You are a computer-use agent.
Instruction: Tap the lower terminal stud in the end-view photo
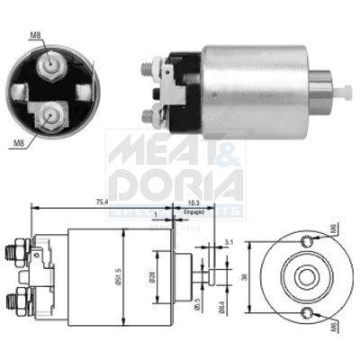point(50,115)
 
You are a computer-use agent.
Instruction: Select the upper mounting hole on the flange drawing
point(309,241)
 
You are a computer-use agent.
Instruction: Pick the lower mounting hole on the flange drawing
point(309,312)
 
